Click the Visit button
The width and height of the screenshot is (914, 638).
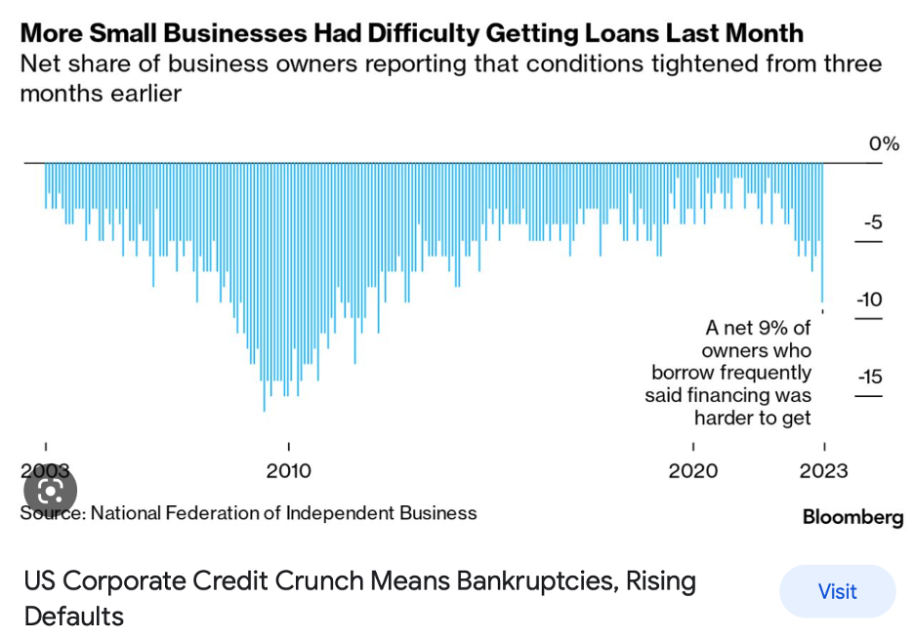point(837,591)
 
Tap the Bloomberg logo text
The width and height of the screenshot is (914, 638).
point(852,517)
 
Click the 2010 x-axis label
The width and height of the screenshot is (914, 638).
point(288,471)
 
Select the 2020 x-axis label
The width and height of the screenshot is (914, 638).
point(693,471)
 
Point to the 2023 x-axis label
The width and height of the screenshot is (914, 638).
point(823,471)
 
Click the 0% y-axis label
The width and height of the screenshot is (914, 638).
point(883,144)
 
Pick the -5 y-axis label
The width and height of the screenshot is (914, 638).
point(872,222)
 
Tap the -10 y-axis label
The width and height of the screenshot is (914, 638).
point(869,299)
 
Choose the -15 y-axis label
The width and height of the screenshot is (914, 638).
point(869,377)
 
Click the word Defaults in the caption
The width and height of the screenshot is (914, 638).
point(74,617)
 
